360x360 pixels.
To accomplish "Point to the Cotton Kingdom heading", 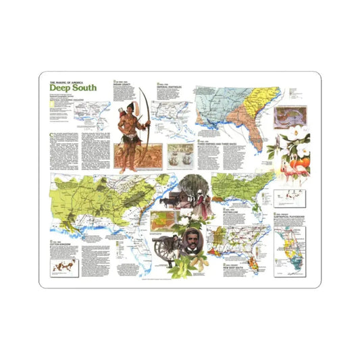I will click(x=61, y=244).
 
